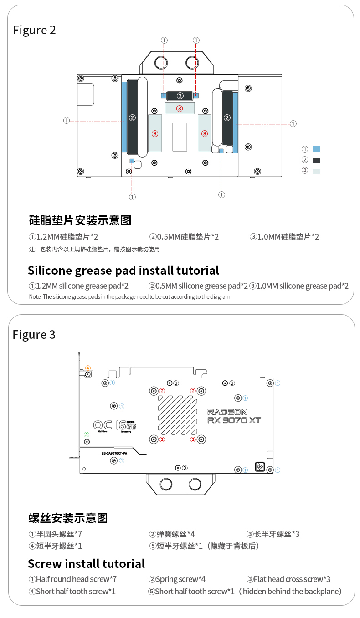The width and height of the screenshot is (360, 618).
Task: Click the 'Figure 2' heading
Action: [x=34, y=30]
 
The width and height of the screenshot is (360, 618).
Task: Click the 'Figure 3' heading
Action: [x=34, y=335]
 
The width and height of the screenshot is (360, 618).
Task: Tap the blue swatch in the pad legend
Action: [x=316, y=149]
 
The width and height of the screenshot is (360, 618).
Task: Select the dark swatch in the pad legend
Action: [x=316, y=160]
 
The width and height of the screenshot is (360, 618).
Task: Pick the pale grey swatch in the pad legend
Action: [x=316, y=171]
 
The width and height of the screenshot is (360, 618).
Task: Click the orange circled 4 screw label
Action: [x=88, y=368]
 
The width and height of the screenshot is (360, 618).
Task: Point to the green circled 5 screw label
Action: [x=87, y=434]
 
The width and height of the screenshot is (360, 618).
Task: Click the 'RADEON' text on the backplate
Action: [x=227, y=412]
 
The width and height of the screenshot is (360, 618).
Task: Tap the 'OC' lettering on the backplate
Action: [x=103, y=425]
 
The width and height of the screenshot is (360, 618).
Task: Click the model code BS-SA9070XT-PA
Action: [x=114, y=453]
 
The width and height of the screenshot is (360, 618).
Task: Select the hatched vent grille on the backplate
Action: [x=178, y=415]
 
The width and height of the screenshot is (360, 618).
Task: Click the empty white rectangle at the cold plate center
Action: [x=180, y=137]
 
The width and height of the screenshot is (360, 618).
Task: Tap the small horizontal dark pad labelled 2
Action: [x=180, y=96]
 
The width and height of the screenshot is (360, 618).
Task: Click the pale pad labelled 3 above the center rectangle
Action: [x=180, y=108]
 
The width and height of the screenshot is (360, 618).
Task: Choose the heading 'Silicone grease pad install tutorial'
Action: [x=123, y=271]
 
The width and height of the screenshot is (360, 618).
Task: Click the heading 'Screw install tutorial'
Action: [x=87, y=564]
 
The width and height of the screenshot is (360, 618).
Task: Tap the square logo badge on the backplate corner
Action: [x=260, y=467]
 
